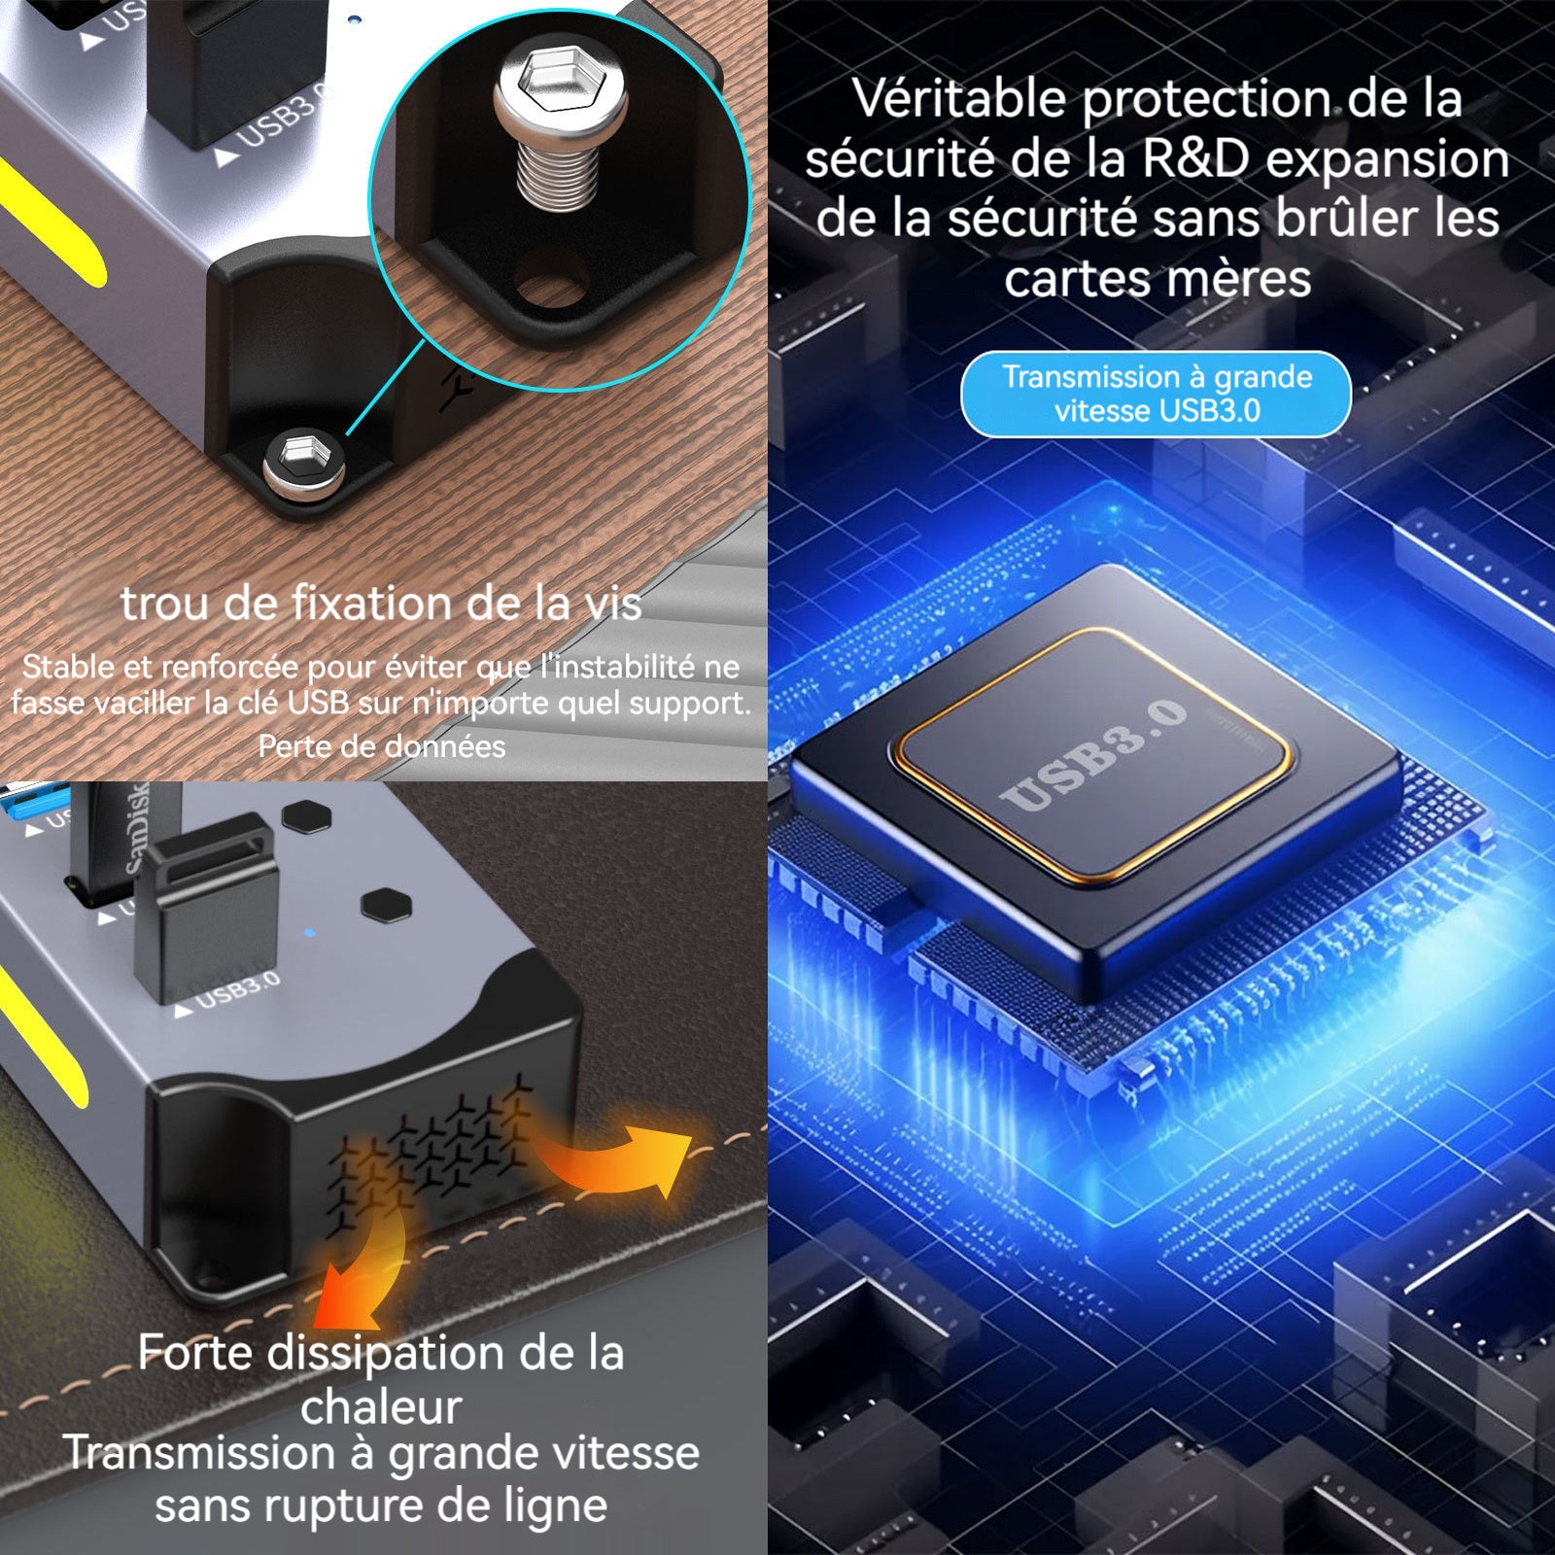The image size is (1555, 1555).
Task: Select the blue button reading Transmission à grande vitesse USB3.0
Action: click(x=1156, y=394)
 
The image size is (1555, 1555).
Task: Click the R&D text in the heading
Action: click(x=1194, y=158)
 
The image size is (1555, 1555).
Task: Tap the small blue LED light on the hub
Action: click(x=309, y=933)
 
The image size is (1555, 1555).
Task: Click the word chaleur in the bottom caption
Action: click(x=381, y=1406)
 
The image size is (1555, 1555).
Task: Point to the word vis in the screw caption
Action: click(x=612, y=605)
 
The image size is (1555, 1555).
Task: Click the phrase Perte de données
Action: click(x=382, y=746)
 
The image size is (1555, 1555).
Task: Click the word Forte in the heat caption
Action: click(x=195, y=1353)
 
